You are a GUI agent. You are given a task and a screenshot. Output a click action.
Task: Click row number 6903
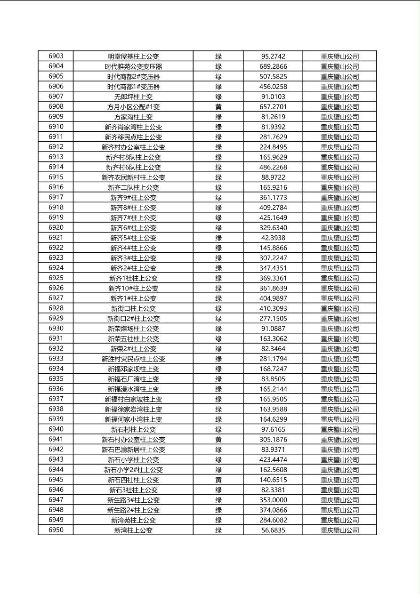tap(56, 56)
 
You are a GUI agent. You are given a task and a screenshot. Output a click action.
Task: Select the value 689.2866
tap(273, 67)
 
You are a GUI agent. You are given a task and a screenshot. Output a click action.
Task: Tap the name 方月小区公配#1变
tap(133, 107)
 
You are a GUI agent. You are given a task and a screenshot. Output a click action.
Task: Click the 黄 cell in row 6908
tap(218, 107)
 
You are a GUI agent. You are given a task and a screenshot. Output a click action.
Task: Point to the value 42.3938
tap(273, 238)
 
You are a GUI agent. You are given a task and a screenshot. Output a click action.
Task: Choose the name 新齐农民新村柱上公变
tap(133, 177)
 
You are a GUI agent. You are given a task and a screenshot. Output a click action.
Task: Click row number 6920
tap(56, 228)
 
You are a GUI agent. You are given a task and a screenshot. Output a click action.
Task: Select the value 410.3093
tap(273, 308)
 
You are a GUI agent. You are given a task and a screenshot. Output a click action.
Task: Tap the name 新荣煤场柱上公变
tap(133, 329)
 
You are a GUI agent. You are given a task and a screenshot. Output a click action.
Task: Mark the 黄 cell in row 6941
tap(218, 440)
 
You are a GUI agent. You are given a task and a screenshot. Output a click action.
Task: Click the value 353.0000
tap(273, 500)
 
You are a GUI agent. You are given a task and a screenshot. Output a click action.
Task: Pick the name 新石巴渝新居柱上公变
tap(133, 450)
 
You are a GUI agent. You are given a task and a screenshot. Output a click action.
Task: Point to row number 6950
tap(56, 530)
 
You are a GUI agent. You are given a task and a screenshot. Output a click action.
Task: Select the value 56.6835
tap(273, 530)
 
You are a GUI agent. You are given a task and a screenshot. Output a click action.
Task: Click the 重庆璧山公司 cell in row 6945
tap(339, 480)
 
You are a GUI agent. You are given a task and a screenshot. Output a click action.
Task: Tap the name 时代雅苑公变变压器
tap(133, 67)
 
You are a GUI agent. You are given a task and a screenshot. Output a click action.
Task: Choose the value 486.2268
tap(273, 167)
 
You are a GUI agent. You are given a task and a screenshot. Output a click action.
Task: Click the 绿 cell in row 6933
tap(218, 359)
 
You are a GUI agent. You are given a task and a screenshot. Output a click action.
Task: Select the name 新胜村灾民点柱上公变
tap(133, 359)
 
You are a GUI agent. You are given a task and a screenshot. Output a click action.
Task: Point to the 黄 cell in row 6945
tap(218, 480)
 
